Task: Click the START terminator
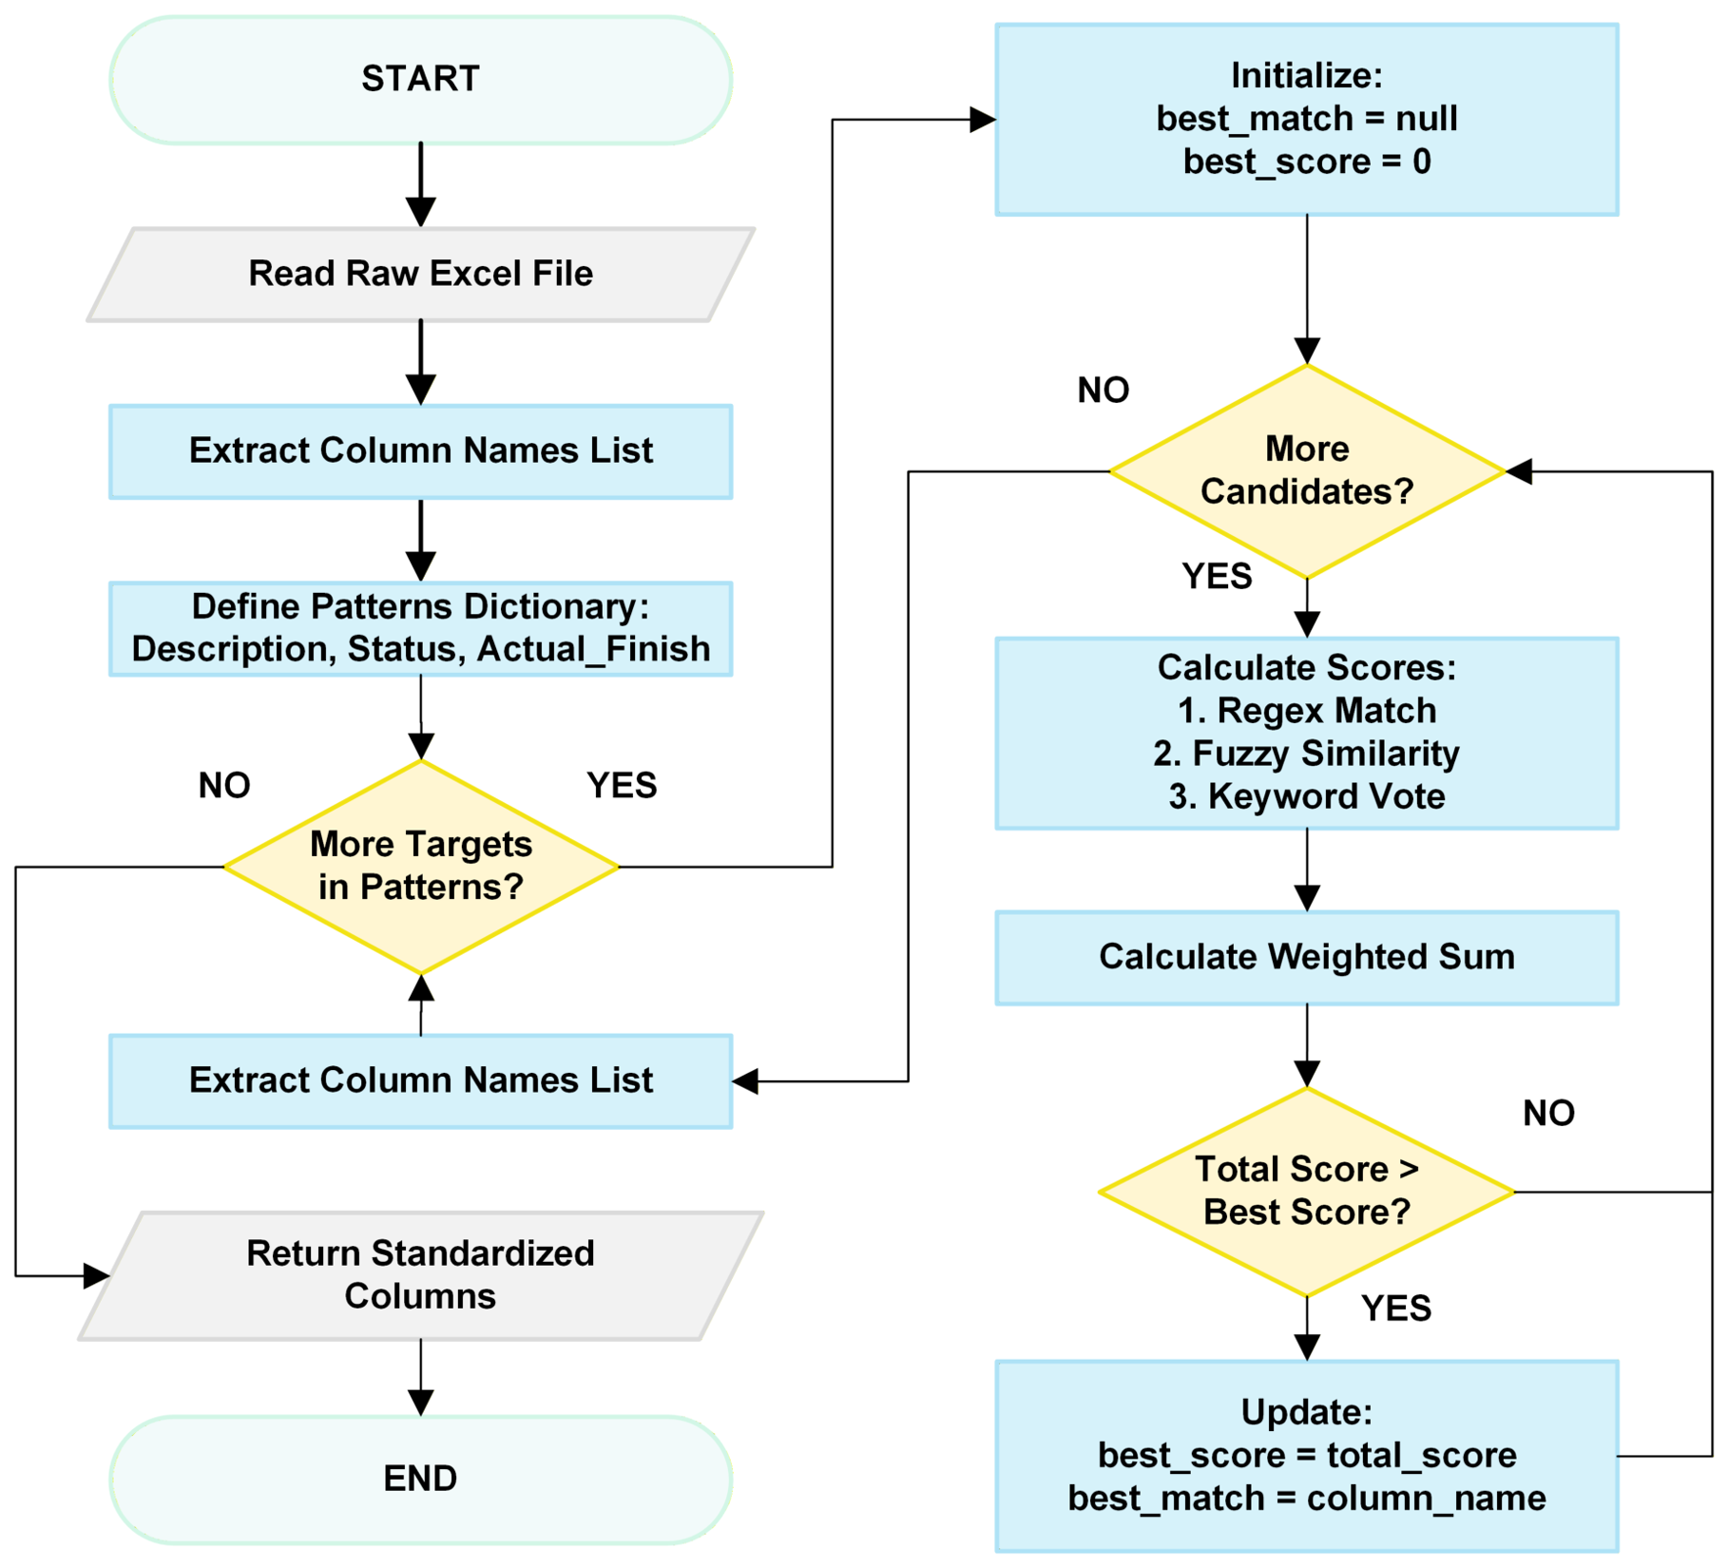[420, 79]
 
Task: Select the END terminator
[420, 1479]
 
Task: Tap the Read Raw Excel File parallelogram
[420, 274]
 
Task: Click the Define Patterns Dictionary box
[420, 628]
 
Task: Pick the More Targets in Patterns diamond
[420, 867]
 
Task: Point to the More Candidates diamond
[1307, 470]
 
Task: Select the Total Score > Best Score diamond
[1307, 1191]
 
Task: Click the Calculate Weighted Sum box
[1307, 957]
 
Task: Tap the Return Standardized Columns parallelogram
[420, 1275]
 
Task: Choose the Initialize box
[1307, 120]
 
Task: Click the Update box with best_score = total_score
[1307, 1456]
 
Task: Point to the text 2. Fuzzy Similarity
[1306, 754]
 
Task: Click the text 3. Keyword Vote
[1307, 796]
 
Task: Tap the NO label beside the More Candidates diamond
[1104, 391]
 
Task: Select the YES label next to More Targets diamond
[622, 786]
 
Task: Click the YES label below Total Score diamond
[1396, 1309]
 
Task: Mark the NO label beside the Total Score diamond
[1549, 1113]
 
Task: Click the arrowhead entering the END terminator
[420, 1404]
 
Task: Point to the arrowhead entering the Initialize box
[983, 120]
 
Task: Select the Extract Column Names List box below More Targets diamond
[420, 1081]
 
